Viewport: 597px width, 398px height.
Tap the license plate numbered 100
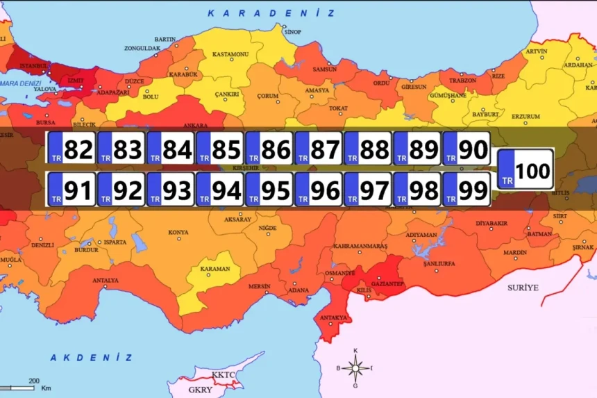[526, 169]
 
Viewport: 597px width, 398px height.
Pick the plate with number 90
[466, 149]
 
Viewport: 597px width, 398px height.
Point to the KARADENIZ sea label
[271, 13]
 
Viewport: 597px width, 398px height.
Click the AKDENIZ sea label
[91, 357]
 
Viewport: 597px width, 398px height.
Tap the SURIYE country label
[523, 286]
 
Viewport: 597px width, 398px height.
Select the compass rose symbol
[355, 368]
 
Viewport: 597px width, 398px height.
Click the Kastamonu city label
[230, 53]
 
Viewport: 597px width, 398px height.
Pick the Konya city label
[178, 232]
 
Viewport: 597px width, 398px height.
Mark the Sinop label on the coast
[293, 32]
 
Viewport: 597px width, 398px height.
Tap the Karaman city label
[215, 268]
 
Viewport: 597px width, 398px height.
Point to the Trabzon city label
[462, 80]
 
